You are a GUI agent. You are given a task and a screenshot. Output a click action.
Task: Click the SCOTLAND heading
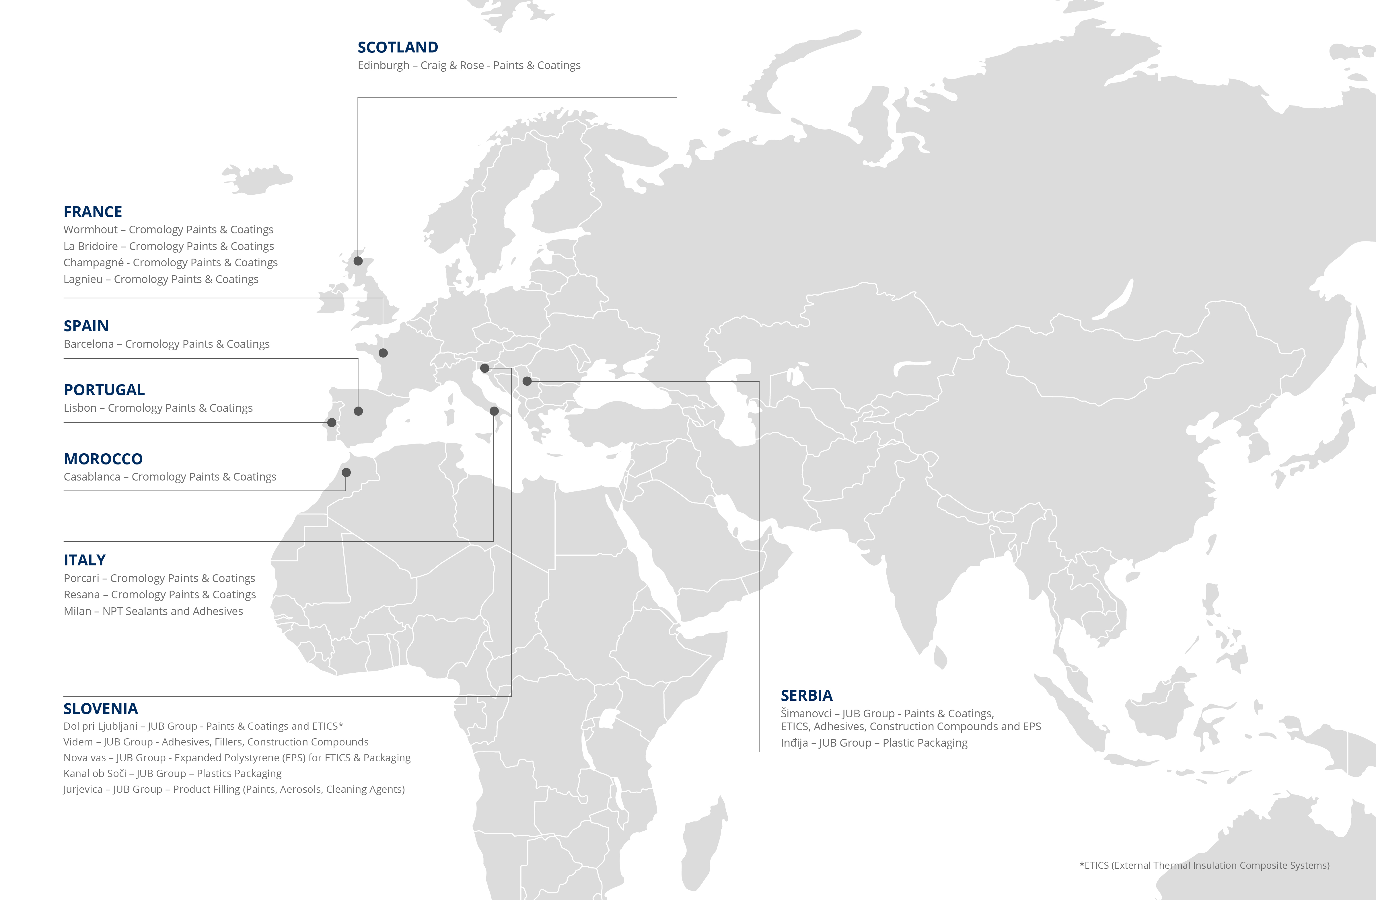click(398, 47)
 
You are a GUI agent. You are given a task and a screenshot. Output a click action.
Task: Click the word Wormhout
click(90, 229)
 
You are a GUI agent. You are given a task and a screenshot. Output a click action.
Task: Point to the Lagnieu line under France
click(161, 279)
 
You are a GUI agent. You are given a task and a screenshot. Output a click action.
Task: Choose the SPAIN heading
click(86, 326)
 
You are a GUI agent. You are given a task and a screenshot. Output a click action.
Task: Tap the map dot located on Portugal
click(332, 423)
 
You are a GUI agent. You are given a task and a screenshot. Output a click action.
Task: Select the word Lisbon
click(80, 408)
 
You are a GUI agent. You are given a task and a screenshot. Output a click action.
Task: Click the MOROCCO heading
click(103, 459)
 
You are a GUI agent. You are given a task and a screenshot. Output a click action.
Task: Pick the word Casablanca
click(91, 477)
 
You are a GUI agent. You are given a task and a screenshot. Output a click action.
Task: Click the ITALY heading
click(84, 560)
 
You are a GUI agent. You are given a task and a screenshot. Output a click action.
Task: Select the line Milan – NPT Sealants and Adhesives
click(153, 611)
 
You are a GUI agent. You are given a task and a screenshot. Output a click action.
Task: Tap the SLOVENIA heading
click(101, 709)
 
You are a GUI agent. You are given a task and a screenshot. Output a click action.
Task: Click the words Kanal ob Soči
click(94, 773)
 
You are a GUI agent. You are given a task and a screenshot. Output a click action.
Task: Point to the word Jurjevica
click(83, 789)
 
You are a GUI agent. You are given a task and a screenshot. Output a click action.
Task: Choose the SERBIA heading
click(807, 695)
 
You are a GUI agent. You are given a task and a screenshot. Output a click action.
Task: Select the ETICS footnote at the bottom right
click(1204, 865)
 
